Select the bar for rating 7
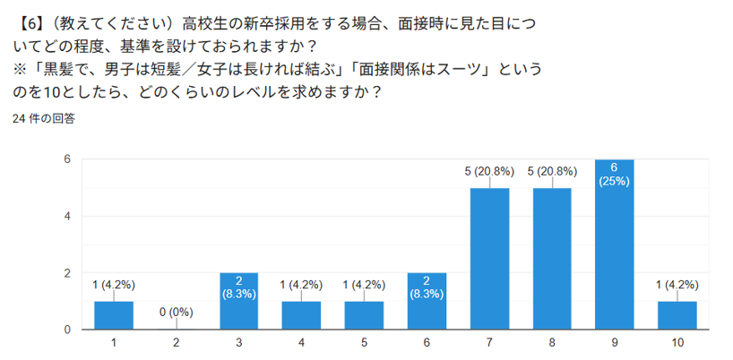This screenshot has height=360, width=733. tap(489, 260)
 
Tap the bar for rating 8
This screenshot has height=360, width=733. tap(552, 260)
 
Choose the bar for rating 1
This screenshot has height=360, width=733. tap(114, 316)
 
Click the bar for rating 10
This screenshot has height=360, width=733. tap(677, 316)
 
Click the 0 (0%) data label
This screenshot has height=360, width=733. tap(177, 313)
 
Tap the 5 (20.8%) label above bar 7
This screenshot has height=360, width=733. tap(489, 171)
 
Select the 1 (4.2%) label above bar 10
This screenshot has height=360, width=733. tap(677, 285)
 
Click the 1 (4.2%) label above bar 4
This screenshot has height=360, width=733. tap(301, 285)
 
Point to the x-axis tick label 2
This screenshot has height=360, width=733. tap(177, 342)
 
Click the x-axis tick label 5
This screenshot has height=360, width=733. tap(364, 342)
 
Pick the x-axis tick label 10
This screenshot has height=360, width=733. tap(677, 342)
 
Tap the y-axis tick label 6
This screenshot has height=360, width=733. tap(66, 159)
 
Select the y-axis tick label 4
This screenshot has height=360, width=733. tap(66, 217)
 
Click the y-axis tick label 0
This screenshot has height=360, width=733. tap(66, 330)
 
